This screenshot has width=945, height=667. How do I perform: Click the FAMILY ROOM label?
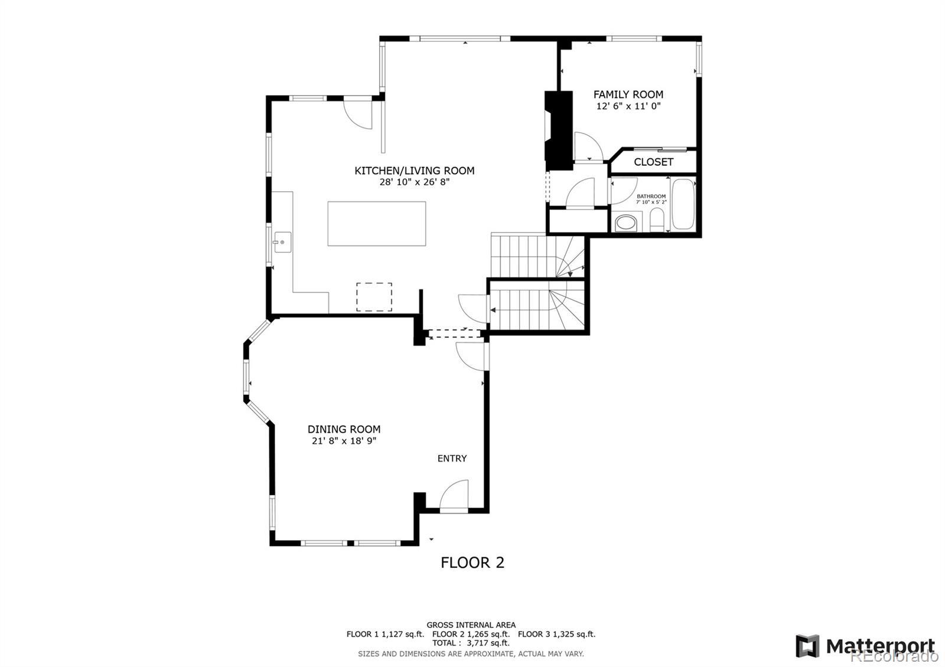pyautogui.click(x=628, y=94)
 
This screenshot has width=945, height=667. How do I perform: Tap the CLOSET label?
pyautogui.click(x=653, y=162)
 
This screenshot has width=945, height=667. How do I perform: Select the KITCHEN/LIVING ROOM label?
pyautogui.click(x=414, y=171)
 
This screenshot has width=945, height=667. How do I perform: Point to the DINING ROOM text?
pyautogui.click(x=344, y=429)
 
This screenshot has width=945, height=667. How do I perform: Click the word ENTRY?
pyautogui.click(x=452, y=458)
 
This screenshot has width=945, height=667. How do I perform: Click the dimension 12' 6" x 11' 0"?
pyautogui.click(x=628, y=106)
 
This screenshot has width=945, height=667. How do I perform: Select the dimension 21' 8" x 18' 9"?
pyautogui.click(x=344, y=441)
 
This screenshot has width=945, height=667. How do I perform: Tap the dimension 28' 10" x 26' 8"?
pyautogui.click(x=414, y=182)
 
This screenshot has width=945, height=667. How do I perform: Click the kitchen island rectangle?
pyautogui.click(x=377, y=224)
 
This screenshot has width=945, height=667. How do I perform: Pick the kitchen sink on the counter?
pyautogui.click(x=282, y=242)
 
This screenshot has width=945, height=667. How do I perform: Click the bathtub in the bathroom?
pyautogui.click(x=683, y=204)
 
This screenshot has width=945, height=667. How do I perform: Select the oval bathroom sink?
pyautogui.click(x=625, y=224)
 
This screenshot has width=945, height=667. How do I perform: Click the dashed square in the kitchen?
pyautogui.click(x=374, y=297)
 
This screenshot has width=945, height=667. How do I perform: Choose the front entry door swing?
pyautogui.click(x=454, y=496)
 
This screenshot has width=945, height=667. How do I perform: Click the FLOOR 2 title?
pyautogui.click(x=472, y=563)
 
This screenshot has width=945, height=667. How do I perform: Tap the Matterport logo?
pyautogui.click(x=865, y=646)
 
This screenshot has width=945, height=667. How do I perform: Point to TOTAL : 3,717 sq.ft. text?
pyautogui.click(x=471, y=643)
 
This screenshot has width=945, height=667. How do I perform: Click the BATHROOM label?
pyautogui.click(x=651, y=197)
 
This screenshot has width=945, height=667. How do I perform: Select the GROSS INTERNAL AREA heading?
pyautogui.click(x=471, y=625)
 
